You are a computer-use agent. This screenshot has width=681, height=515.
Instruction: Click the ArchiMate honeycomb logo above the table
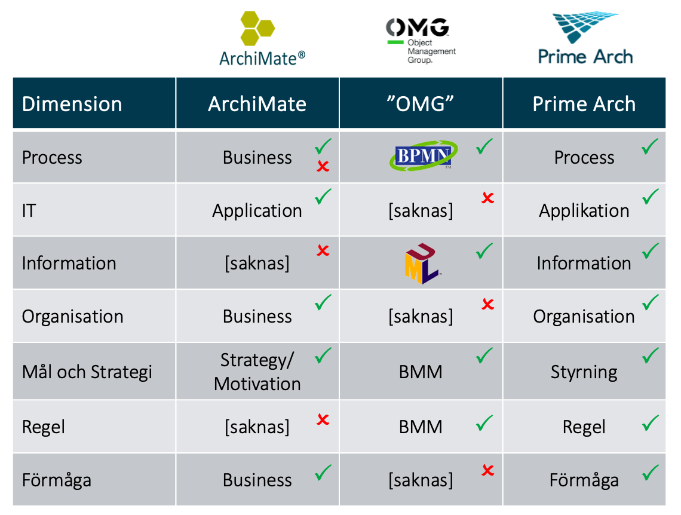pos(262,39)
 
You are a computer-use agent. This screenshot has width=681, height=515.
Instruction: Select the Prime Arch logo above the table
pos(585,39)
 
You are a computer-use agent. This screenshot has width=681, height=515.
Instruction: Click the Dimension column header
pos(72,104)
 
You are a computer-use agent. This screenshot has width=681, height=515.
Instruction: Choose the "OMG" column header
pos(421,104)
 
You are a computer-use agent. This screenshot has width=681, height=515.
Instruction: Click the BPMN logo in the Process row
pos(423,155)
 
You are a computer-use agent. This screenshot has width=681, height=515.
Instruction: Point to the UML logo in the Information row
pos(422,263)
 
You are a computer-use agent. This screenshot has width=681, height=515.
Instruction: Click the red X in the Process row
pos(323,166)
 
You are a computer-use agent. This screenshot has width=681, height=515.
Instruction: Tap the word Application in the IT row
pos(257,211)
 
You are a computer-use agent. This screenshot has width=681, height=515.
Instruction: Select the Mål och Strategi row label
pos(87,372)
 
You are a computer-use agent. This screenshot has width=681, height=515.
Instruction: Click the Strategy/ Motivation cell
pos(257,372)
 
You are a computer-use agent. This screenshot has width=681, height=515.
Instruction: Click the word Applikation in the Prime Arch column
pos(584,211)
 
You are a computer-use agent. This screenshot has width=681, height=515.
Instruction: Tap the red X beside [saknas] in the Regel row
pos(323,419)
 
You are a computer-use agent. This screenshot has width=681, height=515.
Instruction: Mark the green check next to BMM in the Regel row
pos(484,423)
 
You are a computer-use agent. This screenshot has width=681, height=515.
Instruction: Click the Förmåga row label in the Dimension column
pos(57,480)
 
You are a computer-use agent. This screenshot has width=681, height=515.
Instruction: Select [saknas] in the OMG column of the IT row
pos(421,211)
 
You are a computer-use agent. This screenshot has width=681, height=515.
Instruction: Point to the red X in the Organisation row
pos(487,304)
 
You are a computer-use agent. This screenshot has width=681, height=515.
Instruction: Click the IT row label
pos(29,211)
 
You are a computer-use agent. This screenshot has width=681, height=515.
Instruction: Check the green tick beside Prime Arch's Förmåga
pos(650,473)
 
